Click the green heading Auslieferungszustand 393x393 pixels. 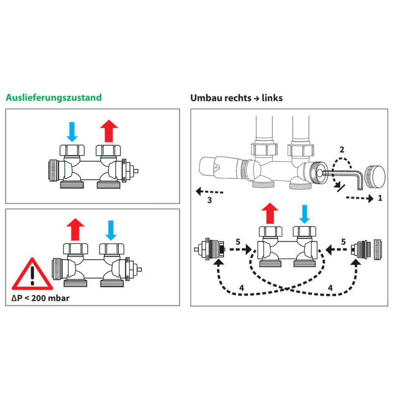pyautogui.click(x=54, y=97)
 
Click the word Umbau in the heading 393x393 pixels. pyautogui.click(x=205, y=98)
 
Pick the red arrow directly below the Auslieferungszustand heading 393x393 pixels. pyautogui.click(x=109, y=131)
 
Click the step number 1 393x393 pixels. pyautogui.click(x=379, y=198)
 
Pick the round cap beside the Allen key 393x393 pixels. pyautogui.click(x=376, y=176)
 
